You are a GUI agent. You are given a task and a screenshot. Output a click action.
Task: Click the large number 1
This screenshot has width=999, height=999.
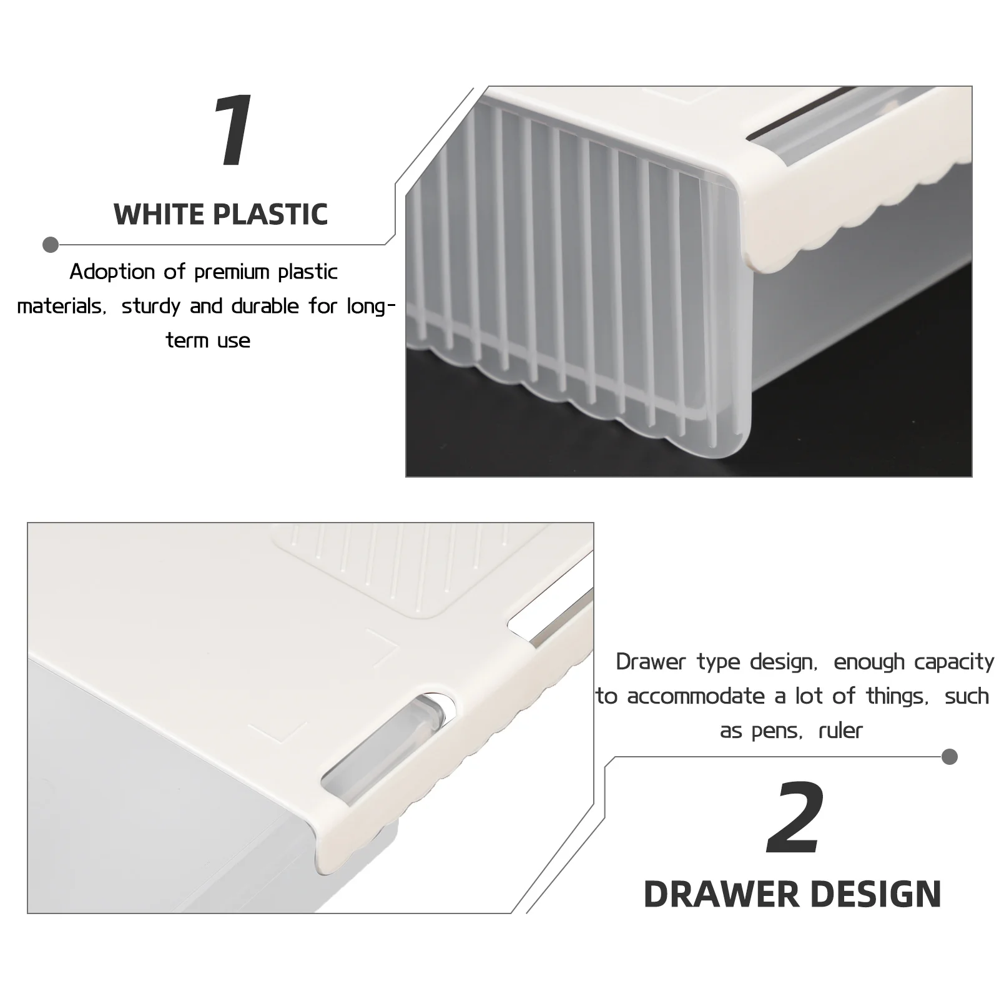point(234,132)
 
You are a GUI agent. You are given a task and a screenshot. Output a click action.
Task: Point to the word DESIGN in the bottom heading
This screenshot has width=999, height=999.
point(881,895)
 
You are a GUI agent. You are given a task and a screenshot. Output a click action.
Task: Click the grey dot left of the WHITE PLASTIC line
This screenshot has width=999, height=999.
point(51,245)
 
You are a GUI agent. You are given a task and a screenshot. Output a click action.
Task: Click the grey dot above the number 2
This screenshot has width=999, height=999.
point(950,757)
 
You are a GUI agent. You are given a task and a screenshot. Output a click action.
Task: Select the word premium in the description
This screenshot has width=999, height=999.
point(232,272)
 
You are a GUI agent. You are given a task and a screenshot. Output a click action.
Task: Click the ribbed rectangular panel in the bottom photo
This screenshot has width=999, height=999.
point(381,568)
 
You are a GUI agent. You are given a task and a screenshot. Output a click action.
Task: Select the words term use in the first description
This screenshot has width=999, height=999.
point(208,341)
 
